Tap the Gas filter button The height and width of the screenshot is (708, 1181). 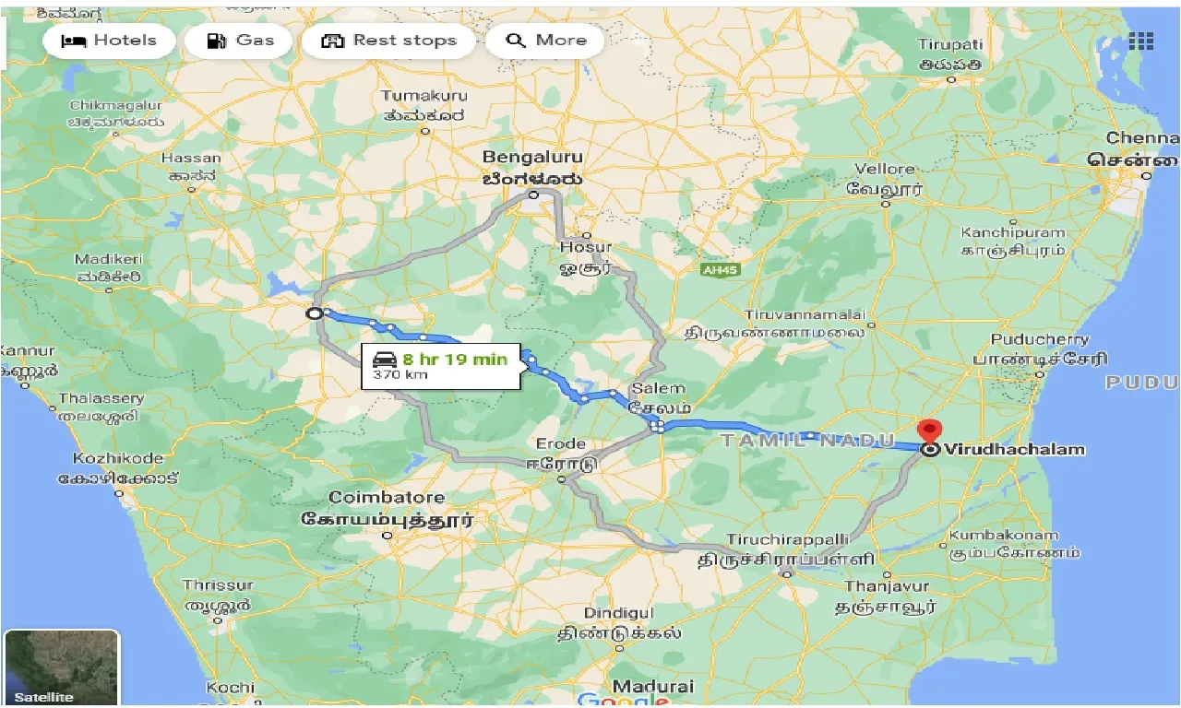[240, 41]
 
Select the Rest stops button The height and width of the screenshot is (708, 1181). [389, 41]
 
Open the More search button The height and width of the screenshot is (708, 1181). [546, 41]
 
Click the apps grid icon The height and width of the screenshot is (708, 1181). [1140, 41]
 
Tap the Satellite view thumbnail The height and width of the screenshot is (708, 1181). [62, 667]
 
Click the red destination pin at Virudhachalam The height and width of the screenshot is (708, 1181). [929, 431]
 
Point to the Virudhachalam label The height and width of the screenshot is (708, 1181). [1015, 450]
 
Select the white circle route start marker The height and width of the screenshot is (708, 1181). [315, 314]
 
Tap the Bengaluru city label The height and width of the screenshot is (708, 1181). [532, 159]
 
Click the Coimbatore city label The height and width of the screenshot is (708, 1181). [387, 498]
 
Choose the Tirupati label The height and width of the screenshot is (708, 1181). [950, 45]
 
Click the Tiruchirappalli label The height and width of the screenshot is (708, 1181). [785, 538]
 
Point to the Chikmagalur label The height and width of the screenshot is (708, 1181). [116, 106]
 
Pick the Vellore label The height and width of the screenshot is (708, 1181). [885, 169]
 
